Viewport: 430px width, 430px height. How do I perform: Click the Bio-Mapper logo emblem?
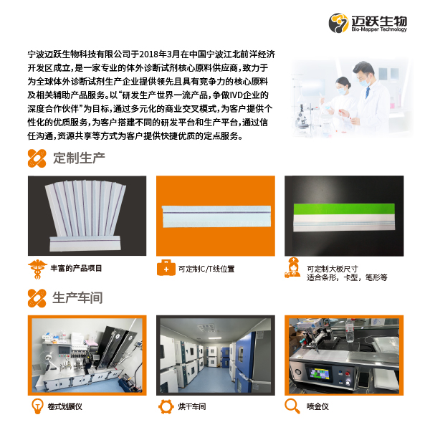pyautogui.click(x=338, y=23)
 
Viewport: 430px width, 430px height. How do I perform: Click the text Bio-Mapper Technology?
pyautogui.click(x=379, y=29)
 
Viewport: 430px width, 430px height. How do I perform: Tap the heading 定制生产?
pyautogui.click(x=79, y=158)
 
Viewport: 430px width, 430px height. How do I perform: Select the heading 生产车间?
pyautogui.click(x=77, y=298)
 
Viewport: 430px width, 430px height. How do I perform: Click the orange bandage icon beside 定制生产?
pyautogui.click(x=37, y=158)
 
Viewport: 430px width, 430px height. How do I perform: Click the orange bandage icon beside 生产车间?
pyautogui.click(x=37, y=298)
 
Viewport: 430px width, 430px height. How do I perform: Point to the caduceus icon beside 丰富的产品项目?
pyautogui.click(x=37, y=269)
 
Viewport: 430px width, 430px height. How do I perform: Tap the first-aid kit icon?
pyautogui.click(x=166, y=267)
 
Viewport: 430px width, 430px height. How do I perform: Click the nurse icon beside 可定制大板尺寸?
pyautogui.click(x=292, y=268)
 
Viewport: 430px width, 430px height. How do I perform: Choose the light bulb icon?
pyautogui.click(x=37, y=406)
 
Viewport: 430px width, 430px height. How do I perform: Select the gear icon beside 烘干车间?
pyautogui.click(x=166, y=406)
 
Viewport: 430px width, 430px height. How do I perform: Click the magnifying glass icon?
pyautogui.click(x=292, y=406)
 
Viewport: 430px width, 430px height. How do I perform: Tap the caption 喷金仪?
pyautogui.click(x=317, y=406)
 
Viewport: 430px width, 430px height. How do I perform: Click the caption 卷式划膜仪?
pyautogui.click(x=65, y=406)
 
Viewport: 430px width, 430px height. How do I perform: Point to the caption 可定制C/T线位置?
pyautogui.click(x=206, y=269)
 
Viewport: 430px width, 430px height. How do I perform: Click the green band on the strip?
pyautogui.click(x=344, y=209)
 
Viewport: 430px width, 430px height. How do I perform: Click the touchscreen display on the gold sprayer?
pyautogui.click(x=319, y=374)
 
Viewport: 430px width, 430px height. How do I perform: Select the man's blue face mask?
pyautogui.click(x=364, y=82)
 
